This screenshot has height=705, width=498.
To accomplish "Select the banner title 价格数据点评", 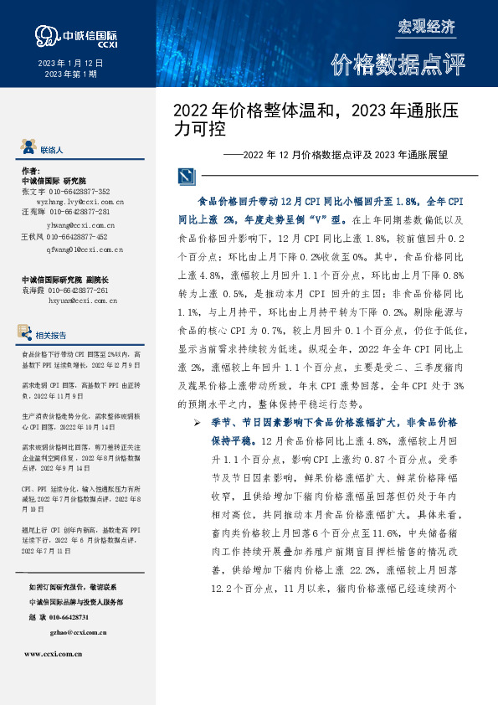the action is coord(398,65).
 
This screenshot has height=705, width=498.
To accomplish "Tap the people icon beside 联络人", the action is coord(29,148).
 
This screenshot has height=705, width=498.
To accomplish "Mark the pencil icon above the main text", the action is coord(185,177).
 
